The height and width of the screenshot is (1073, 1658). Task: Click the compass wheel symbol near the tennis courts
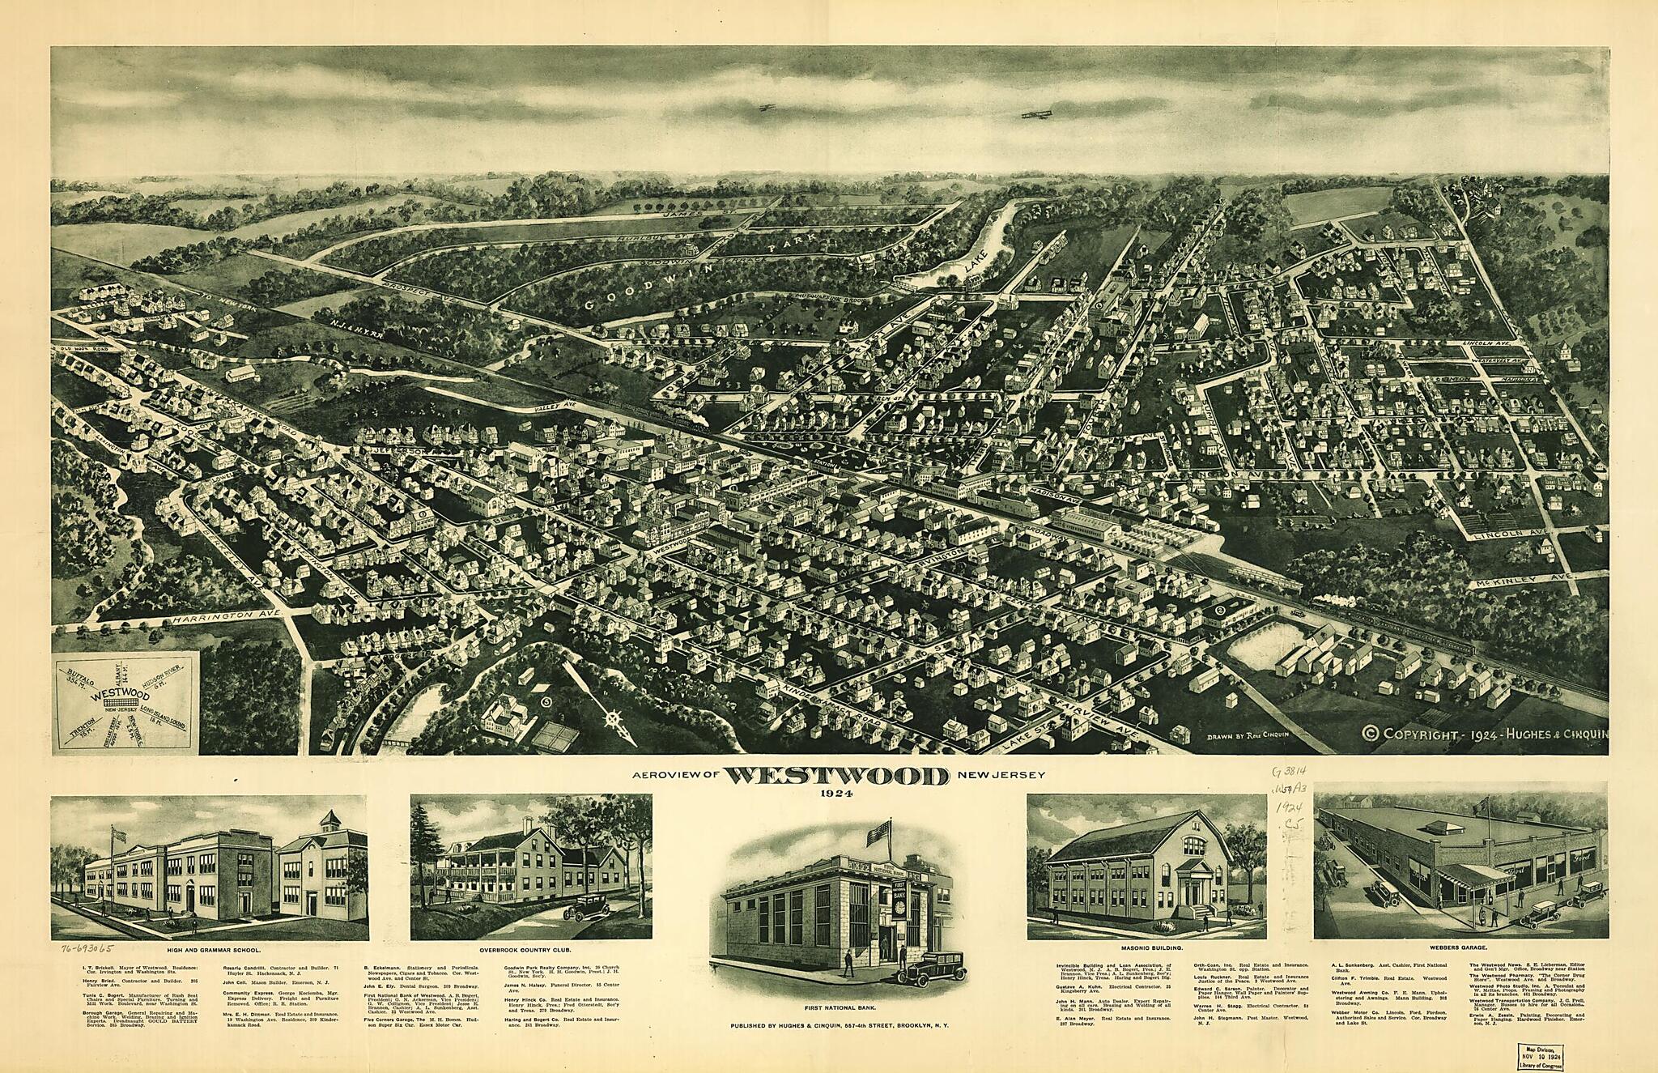click(x=613, y=717)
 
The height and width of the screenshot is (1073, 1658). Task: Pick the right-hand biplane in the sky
click(x=1037, y=114)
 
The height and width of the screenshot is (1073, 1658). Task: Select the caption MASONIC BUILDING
click(x=1146, y=947)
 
